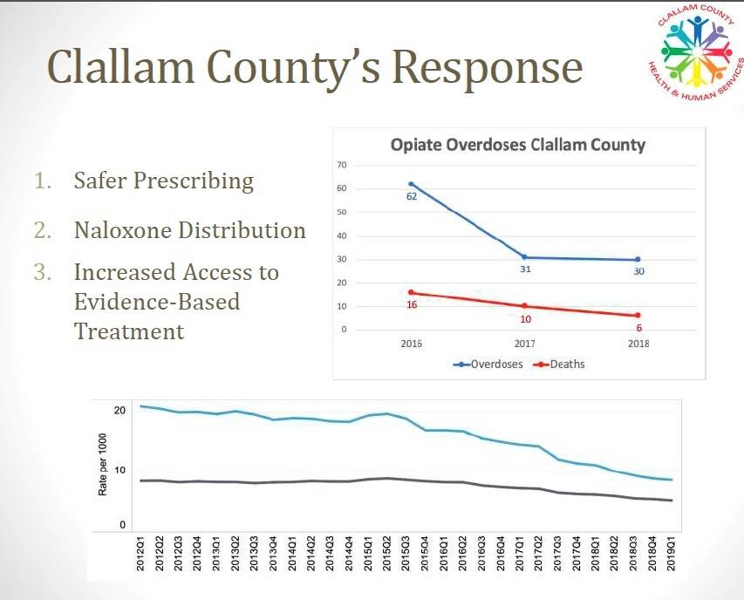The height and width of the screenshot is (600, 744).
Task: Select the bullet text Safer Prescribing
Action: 163,181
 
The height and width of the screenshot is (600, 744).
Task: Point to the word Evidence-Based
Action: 156,302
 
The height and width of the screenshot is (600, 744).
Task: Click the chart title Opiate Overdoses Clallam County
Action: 517,145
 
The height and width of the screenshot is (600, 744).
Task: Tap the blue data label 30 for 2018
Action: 638,271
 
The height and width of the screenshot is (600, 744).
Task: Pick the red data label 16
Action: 413,304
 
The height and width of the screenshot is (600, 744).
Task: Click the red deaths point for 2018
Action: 638,315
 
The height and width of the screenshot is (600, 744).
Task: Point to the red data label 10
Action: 525,318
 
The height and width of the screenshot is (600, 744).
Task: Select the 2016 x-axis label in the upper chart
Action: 411,344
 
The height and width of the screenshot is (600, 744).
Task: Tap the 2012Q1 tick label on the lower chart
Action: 141,556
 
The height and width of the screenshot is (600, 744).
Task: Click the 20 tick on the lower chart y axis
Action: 120,410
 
